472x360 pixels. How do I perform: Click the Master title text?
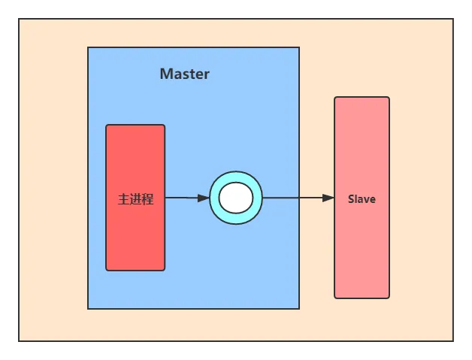pos(185,74)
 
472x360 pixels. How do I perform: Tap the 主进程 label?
pos(136,199)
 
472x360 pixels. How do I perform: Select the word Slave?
pos(362,199)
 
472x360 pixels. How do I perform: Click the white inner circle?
pos(236,198)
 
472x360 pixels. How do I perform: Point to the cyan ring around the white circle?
pos(214,198)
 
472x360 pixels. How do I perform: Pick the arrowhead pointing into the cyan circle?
pos(204,198)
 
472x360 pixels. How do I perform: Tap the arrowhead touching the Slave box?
pos(328,198)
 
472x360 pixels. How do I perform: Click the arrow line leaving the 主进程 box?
pos(187,198)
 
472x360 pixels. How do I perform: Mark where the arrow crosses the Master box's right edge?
pos(299,198)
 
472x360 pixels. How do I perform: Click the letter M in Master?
pos(165,74)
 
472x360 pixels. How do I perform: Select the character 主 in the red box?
pos(123,199)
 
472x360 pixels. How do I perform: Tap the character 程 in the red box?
pos(148,199)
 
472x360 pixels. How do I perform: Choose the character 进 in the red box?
pos(135,199)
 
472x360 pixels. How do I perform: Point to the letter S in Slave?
pos(351,199)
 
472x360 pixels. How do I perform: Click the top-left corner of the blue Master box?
pos(88,47)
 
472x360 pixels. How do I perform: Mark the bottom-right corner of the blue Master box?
pos(299,309)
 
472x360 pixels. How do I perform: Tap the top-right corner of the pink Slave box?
pos(389,97)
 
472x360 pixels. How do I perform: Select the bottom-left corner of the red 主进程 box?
pos(106,271)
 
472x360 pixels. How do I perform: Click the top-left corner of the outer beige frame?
pos(19,19)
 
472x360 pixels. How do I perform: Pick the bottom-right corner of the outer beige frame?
pos(453,341)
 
